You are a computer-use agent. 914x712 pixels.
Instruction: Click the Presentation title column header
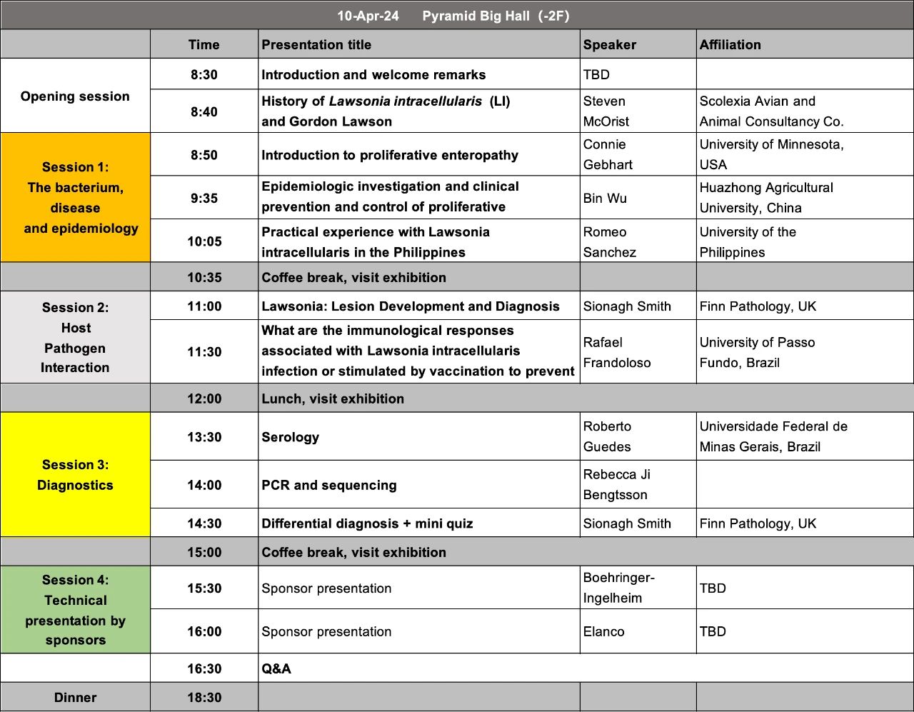tap(316, 44)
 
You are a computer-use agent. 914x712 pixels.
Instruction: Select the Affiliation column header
tap(730, 44)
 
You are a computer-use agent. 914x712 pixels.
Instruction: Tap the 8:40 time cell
tap(204, 111)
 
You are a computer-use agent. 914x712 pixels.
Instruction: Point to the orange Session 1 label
tap(76, 197)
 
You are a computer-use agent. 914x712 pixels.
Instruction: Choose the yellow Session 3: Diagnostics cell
tap(76, 475)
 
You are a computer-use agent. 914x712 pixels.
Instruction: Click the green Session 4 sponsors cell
tap(76, 610)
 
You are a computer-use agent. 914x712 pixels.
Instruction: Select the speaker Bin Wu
tap(605, 198)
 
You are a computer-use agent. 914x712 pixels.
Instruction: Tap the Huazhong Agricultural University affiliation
tap(765, 198)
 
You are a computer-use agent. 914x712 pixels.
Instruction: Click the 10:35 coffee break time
tap(204, 277)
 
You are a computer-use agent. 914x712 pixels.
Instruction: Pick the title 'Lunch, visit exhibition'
tap(333, 398)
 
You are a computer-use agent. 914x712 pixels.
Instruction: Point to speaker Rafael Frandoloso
tap(617, 352)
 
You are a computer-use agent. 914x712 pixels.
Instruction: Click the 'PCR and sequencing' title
tap(329, 485)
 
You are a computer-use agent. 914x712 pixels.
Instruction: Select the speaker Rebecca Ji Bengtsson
tap(616, 484)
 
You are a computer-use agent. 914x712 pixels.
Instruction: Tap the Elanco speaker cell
tap(604, 631)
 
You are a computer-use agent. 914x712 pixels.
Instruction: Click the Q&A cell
tap(276, 668)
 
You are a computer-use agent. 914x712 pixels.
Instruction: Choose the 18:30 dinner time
tap(204, 698)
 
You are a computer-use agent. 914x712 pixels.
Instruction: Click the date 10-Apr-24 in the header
tap(368, 16)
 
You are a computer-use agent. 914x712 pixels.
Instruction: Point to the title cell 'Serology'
tap(291, 437)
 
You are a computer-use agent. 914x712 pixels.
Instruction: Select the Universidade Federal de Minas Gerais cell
tap(773, 436)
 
